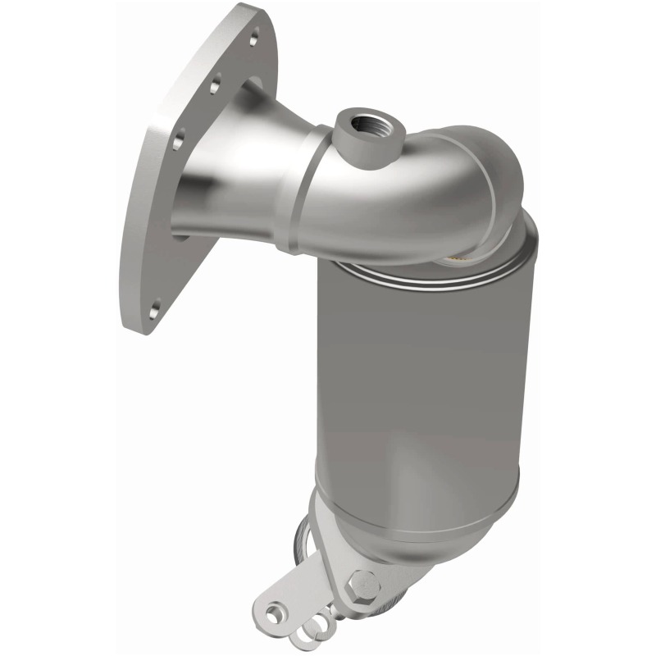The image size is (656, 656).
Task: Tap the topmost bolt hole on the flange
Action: coord(255,37)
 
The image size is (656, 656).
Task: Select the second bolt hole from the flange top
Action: coord(216,83)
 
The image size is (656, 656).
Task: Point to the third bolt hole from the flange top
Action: coord(182,131)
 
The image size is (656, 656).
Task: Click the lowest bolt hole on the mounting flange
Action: coord(155,309)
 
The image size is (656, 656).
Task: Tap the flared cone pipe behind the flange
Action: coord(238,164)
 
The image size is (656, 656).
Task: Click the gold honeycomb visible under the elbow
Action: coord(461,260)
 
